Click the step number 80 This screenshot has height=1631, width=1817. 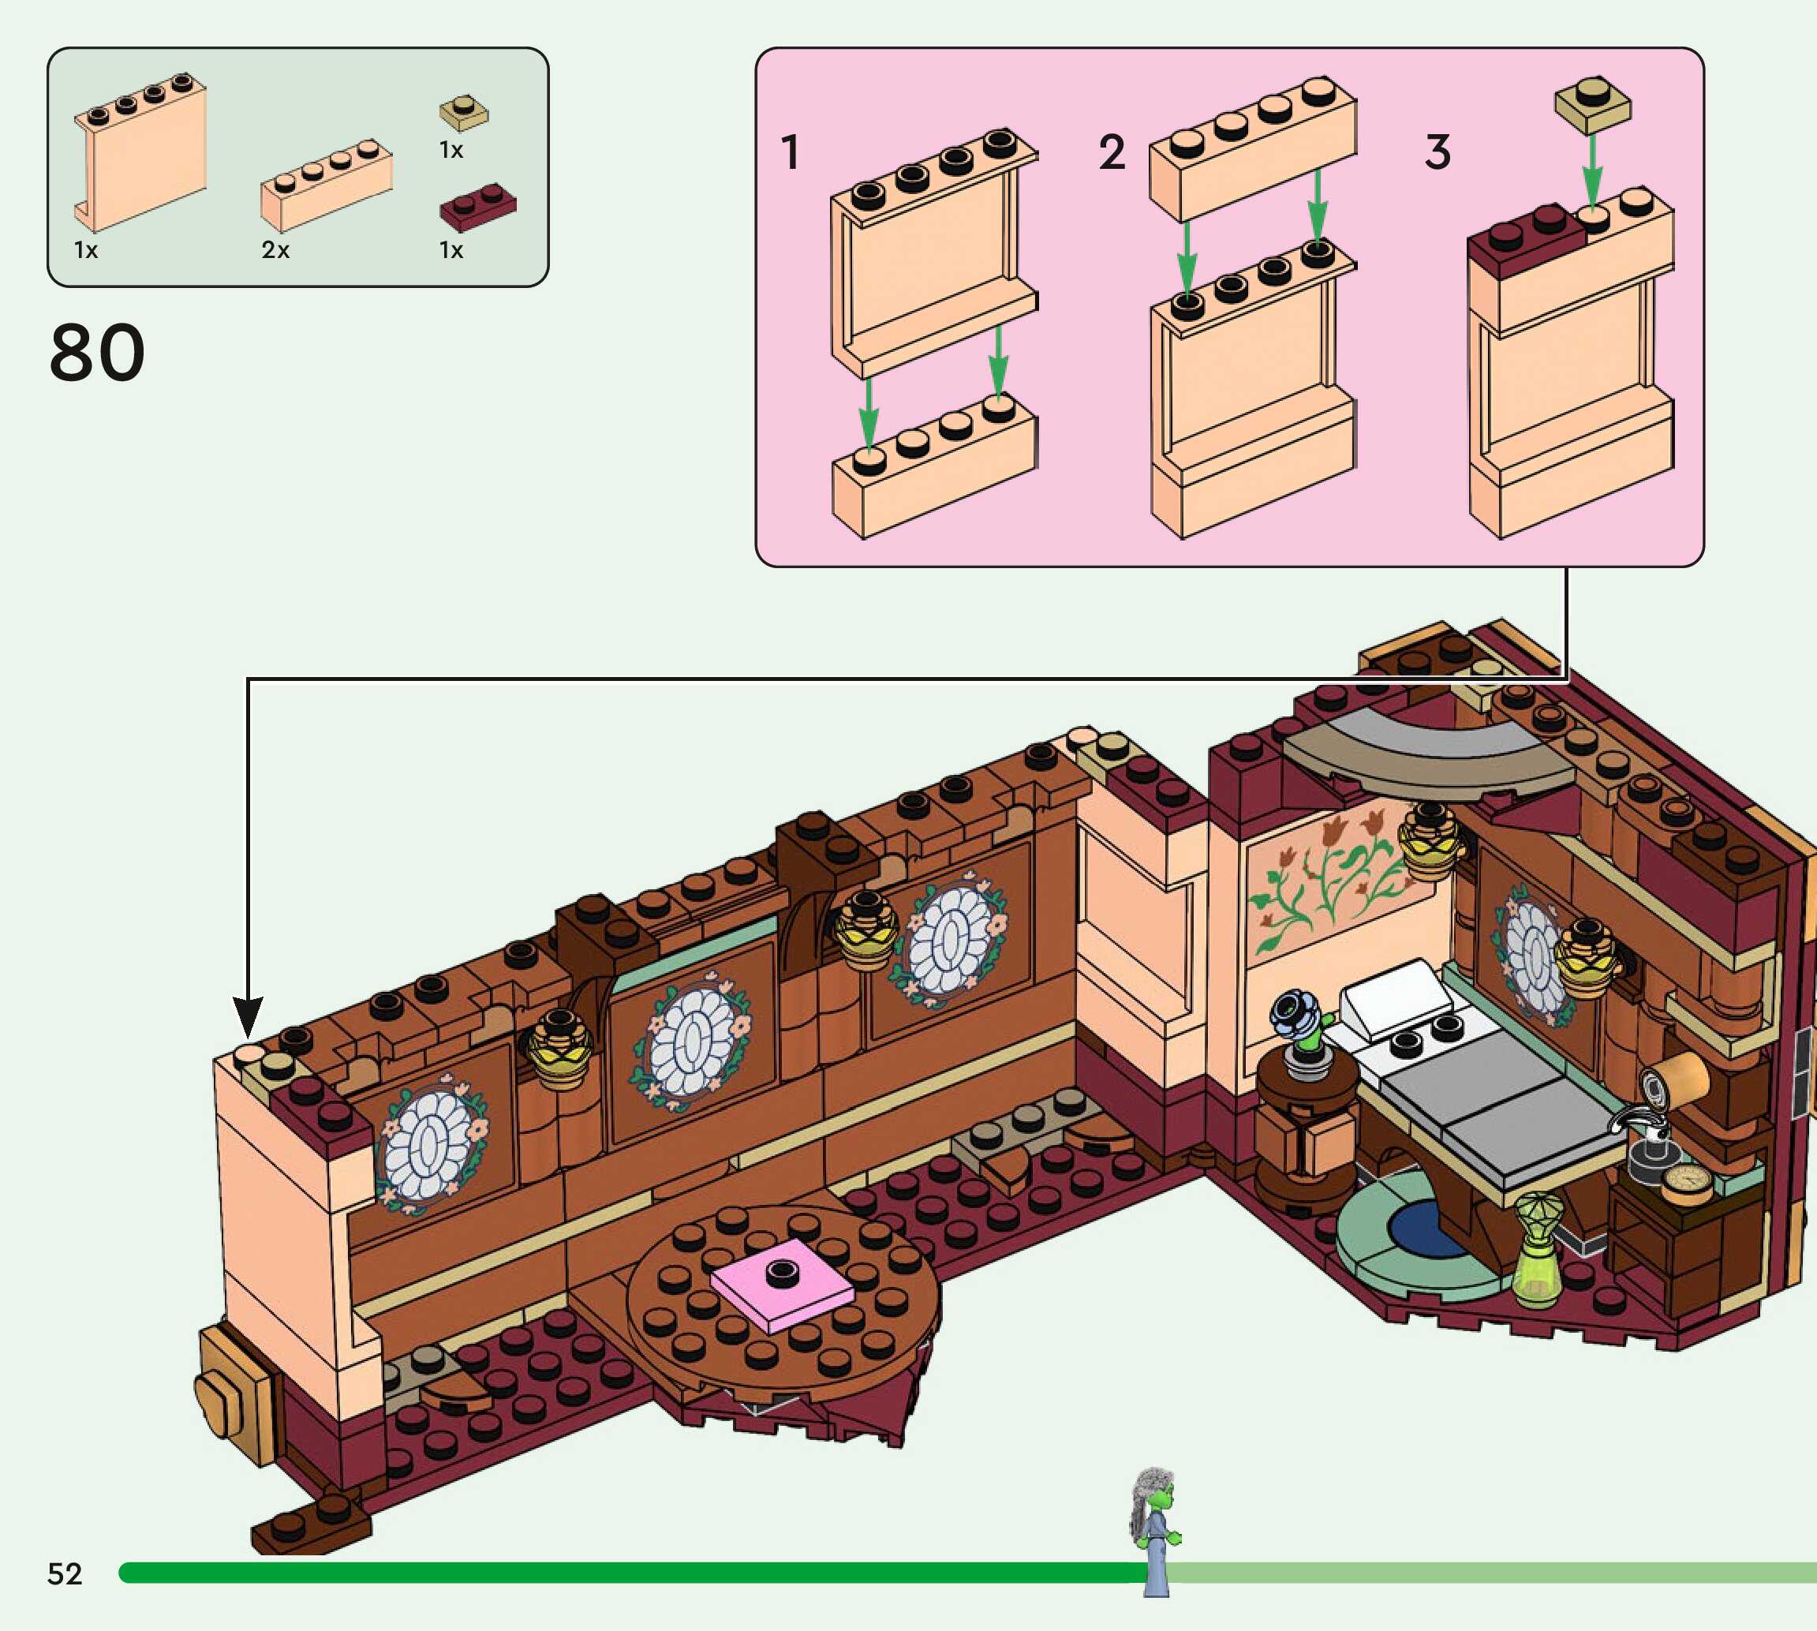[97, 353]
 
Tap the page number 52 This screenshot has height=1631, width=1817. [65, 1573]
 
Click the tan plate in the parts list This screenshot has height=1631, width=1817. [463, 114]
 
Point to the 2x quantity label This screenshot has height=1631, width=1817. [275, 250]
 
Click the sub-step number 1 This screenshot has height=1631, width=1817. [789, 152]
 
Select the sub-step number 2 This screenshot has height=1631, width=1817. [1112, 152]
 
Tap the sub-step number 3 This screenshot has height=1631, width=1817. [1438, 152]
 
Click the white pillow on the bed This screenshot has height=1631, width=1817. [1395, 997]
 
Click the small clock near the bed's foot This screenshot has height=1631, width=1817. [1686, 1183]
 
